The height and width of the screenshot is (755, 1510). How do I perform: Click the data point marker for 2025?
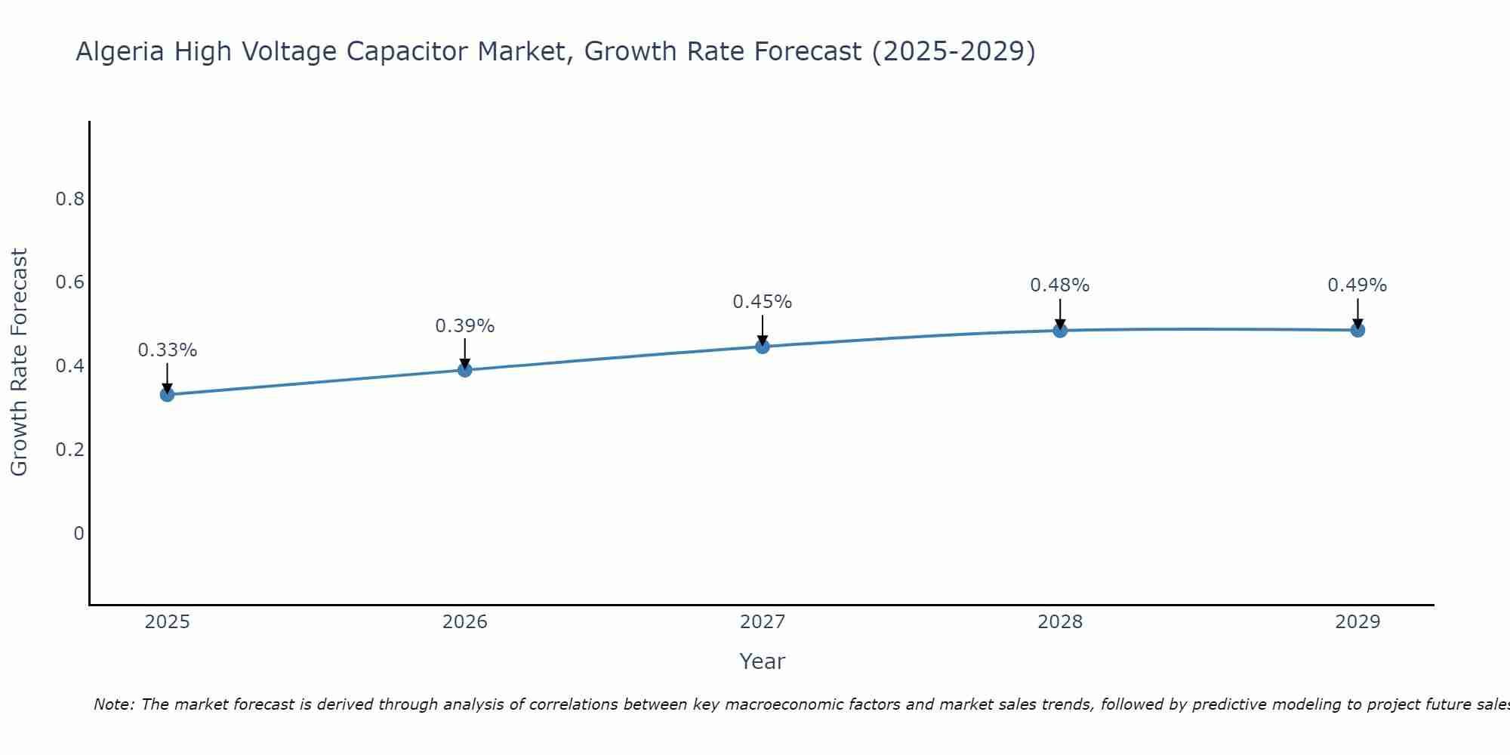point(167,394)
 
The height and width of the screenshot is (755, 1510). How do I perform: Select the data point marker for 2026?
point(465,370)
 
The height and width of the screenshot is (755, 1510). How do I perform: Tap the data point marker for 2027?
point(763,347)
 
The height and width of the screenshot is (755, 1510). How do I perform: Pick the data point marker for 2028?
point(1060,330)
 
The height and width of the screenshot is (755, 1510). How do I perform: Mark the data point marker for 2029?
point(1357,330)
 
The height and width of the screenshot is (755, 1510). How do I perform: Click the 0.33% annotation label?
point(167,350)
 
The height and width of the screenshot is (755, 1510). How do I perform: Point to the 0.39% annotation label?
point(465,326)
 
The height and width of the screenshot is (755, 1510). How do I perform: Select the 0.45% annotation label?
point(763,302)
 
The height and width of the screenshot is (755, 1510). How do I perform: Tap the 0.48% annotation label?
point(1060,285)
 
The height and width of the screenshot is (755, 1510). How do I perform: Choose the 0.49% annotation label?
point(1357,285)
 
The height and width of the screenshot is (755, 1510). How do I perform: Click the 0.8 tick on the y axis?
point(69,199)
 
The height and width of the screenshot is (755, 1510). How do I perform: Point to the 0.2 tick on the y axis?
point(69,450)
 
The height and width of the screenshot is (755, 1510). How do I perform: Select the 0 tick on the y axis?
point(79,534)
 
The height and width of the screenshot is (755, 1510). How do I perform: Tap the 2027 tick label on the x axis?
point(763,622)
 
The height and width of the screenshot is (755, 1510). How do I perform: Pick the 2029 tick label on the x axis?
point(1357,622)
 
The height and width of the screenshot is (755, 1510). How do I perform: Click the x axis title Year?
point(763,661)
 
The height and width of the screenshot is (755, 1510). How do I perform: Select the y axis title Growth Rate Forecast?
point(19,362)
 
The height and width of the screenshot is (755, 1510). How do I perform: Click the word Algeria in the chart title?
point(120,52)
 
